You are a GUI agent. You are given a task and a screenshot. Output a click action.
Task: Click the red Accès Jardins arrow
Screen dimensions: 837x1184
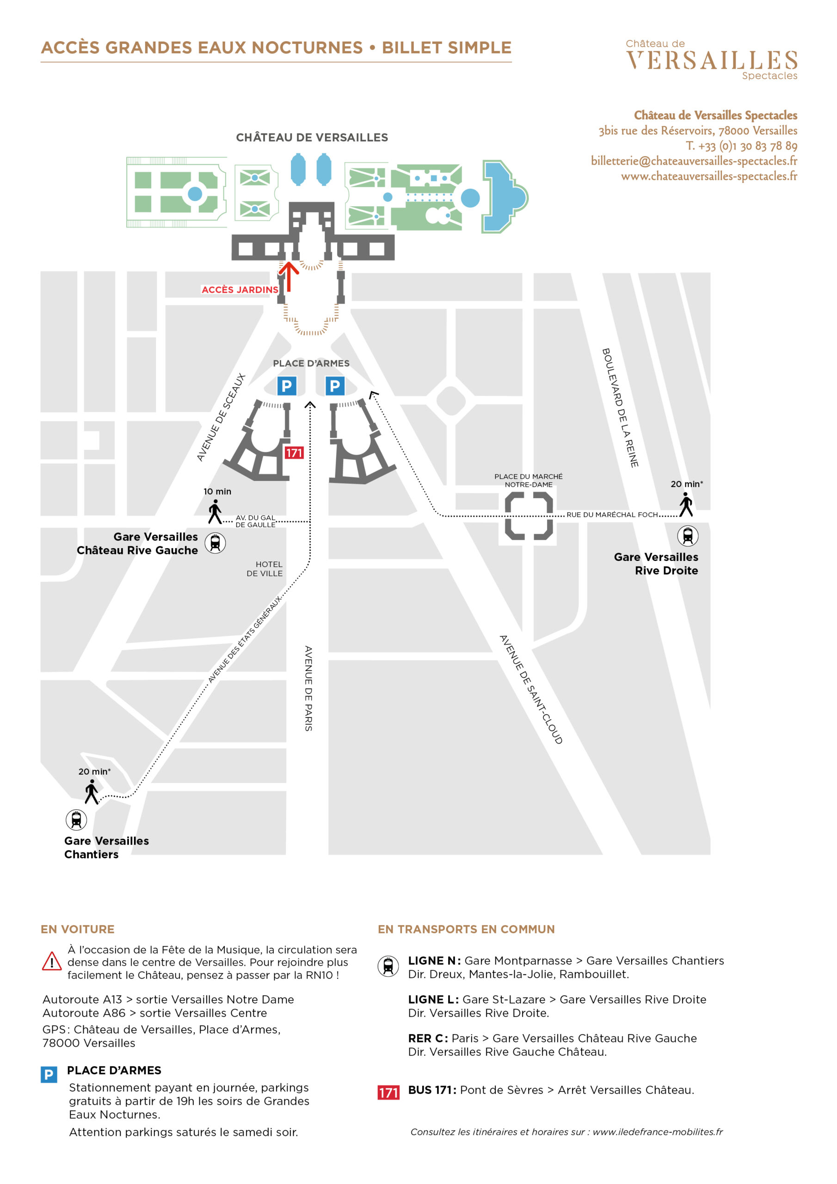tap(289, 277)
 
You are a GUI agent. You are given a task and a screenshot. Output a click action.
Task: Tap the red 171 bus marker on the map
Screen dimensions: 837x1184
tap(294, 453)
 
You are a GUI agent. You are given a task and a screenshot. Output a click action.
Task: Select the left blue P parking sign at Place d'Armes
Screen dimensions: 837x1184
tap(287, 386)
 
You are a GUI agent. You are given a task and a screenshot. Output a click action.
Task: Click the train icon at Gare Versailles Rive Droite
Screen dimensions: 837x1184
tap(688, 536)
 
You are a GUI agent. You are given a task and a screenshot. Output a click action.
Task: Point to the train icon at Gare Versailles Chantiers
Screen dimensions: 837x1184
tap(76, 820)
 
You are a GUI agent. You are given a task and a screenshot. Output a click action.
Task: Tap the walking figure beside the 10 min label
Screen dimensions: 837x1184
tap(215, 512)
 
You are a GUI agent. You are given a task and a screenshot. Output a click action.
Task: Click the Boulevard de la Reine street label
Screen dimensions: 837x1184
tap(621, 407)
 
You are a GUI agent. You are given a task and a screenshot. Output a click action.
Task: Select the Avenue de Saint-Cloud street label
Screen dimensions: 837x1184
tap(531, 690)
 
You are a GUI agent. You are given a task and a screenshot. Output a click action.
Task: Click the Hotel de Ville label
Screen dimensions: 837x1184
tap(265, 569)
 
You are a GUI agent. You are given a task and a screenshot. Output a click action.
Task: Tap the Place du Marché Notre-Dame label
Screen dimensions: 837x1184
tap(529, 480)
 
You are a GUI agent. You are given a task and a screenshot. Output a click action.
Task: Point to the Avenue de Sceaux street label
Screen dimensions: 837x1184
tap(221, 417)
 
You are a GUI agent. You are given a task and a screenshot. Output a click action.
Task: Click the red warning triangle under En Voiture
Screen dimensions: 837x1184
tap(52, 961)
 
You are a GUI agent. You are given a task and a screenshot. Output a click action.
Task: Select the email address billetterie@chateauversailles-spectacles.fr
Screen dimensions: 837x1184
tap(694, 161)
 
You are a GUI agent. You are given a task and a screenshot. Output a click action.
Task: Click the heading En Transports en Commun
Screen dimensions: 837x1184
tap(466, 929)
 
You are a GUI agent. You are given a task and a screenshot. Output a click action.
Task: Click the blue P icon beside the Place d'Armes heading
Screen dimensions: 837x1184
tap(49, 1075)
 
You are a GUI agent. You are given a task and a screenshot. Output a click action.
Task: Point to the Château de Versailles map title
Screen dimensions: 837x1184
tap(312, 138)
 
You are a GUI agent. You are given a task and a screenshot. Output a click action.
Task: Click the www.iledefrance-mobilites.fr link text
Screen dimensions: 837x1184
tap(658, 1132)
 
